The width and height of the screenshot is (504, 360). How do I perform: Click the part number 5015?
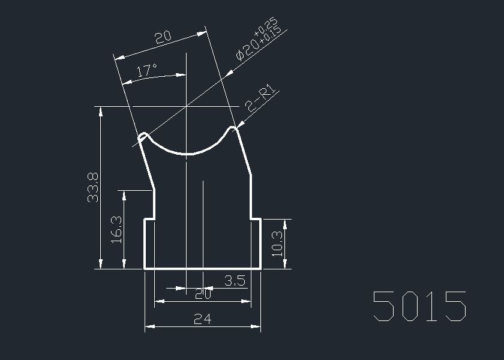pyautogui.click(x=419, y=306)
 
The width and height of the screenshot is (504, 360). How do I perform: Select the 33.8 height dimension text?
pyautogui.click(x=93, y=187)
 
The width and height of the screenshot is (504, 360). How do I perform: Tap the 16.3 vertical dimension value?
pyautogui.click(x=116, y=229)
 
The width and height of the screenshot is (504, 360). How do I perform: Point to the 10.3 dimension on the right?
pyautogui.click(x=277, y=244)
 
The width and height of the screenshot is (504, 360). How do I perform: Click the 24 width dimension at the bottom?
pyautogui.click(x=203, y=319)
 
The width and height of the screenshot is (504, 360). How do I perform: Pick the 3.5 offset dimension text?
pyautogui.click(x=235, y=281)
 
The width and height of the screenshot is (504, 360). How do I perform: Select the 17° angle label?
pyautogui.click(x=146, y=70)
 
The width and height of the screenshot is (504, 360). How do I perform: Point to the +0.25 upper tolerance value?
pyautogui.click(x=265, y=26)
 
